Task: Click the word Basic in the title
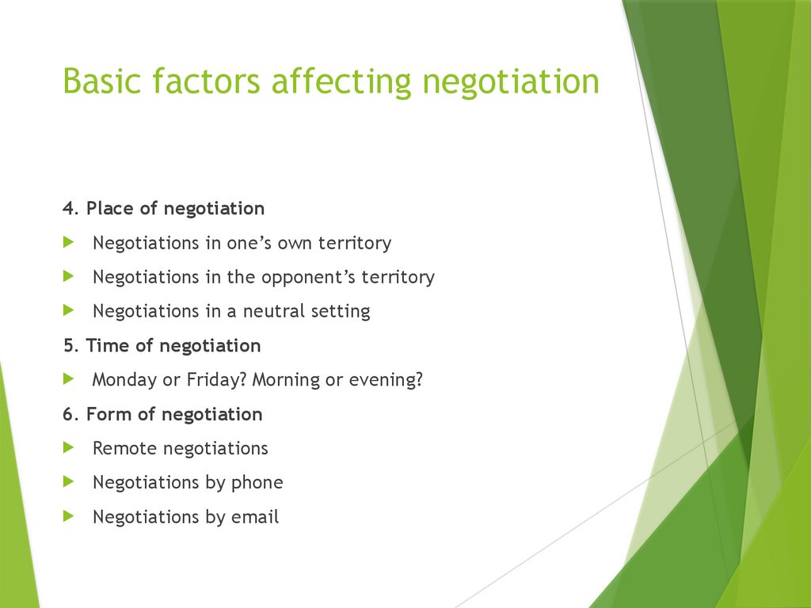[x=99, y=82]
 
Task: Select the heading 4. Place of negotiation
[x=164, y=209]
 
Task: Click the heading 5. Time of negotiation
[x=162, y=346]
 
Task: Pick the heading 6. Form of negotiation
[x=162, y=414]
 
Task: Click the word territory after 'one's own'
[x=355, y=243]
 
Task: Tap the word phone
[x=257, y=483]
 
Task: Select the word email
[x=255, y=518]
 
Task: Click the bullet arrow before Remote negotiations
[x=69, y=448]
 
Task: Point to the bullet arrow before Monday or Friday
[x=69, y=379]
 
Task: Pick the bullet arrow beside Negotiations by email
[x=69, y=516]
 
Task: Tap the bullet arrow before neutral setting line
[x=69, y=310]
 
